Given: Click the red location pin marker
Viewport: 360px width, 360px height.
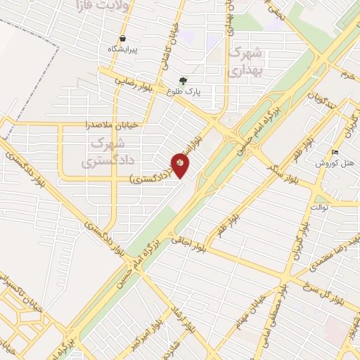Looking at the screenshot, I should click(x=180, y=165).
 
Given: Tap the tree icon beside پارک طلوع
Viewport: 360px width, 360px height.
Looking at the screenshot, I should click(x=184, y=80).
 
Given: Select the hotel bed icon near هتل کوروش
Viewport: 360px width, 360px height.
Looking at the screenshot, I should click(x=335, y=152).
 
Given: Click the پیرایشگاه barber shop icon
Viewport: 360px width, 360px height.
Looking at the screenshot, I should click(x=123, y=38).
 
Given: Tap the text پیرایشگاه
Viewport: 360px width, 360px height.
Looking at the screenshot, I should click(x=122, y=49).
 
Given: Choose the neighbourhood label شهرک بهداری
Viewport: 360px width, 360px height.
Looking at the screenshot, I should click(x=245, y=61).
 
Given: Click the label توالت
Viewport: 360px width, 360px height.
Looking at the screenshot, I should click(x=319, y=208).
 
